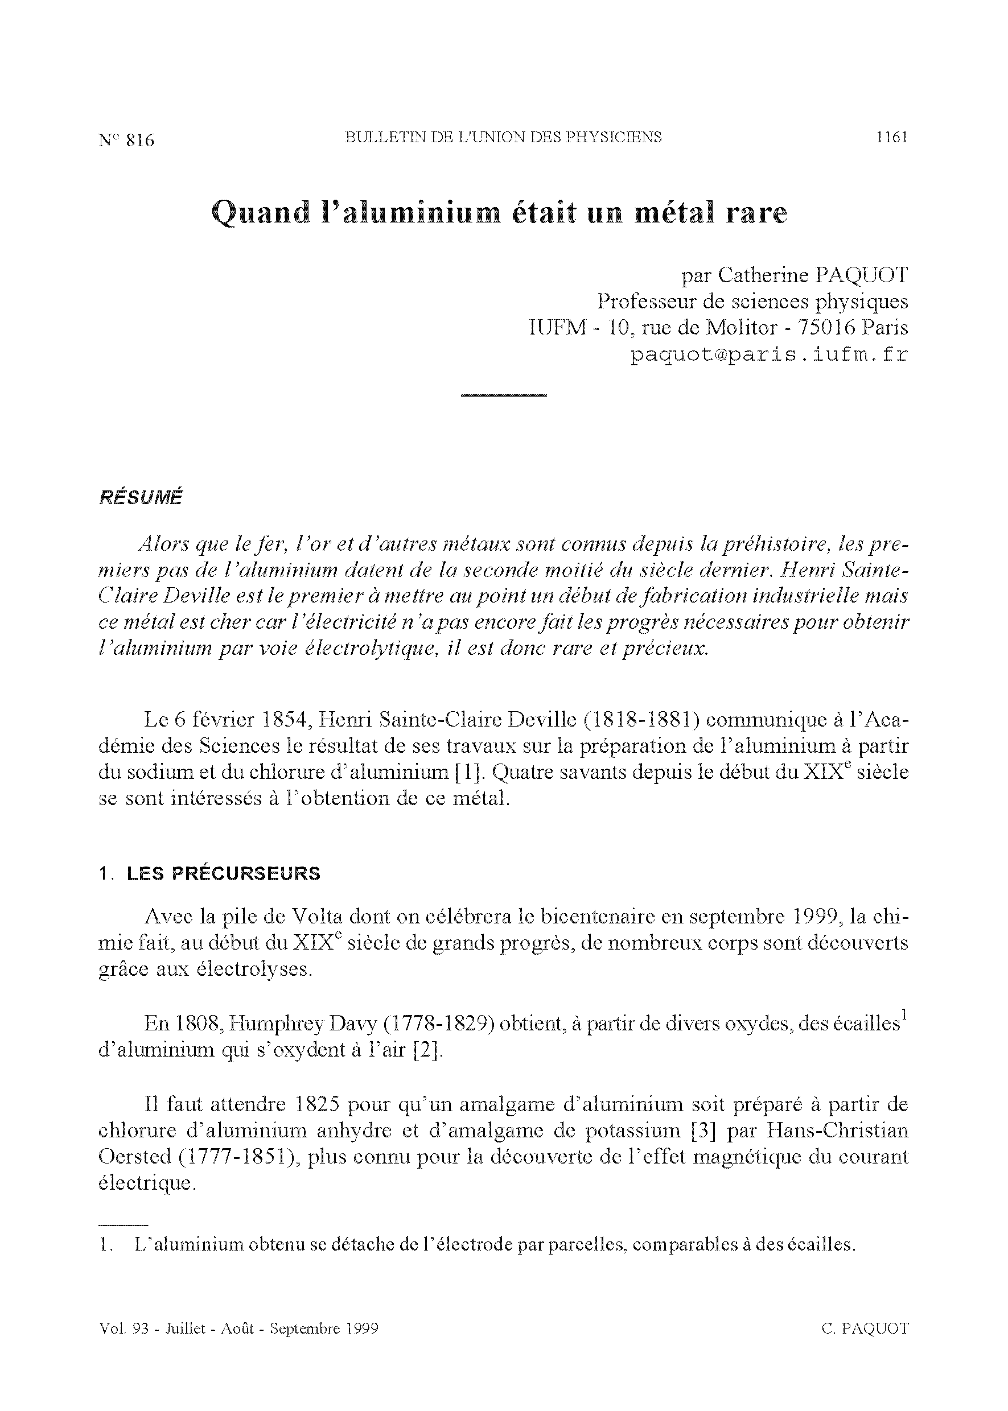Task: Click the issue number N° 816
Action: click(126, 140)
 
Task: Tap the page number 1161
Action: click(891, 137)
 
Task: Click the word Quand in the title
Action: click(261, 213)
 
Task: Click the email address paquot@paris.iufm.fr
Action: click(769, 355)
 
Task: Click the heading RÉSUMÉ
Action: click(141, 498)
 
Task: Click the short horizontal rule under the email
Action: click(503, 395)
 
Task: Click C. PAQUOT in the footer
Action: click(865, 1329)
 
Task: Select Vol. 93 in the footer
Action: click(124, 1329)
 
